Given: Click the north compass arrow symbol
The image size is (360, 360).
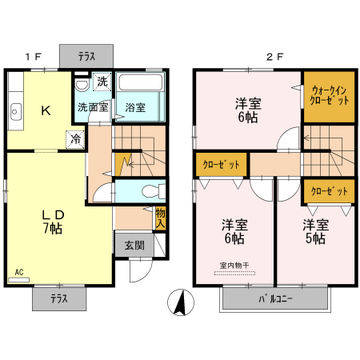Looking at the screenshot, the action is [x=181, y=302].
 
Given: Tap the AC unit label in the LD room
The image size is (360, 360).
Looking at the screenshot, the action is [x=19, y=272].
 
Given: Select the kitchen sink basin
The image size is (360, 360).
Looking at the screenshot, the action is [x=16, y=112].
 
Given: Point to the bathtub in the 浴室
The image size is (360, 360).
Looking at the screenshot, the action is [x=141, y=82].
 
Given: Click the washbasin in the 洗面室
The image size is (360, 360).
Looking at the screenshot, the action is [x=82, y=84].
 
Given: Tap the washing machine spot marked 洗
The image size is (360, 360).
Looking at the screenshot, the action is [x=102, y=82].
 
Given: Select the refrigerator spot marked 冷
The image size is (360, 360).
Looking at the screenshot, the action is [x=75, y=139].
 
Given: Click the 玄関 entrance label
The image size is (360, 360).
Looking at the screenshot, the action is [x=134, y=246].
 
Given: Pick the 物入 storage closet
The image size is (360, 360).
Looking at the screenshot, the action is [x=160, y=218].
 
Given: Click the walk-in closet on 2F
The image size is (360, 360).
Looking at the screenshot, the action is [x=330, y=97].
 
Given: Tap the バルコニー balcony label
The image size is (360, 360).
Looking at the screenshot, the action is [x=275, y=298].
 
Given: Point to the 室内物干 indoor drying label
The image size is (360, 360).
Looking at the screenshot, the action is [x=234, y=266].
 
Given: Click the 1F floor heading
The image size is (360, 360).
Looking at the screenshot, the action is [x=34, y=57].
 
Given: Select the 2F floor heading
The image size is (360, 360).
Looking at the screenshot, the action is [x=274, y=57].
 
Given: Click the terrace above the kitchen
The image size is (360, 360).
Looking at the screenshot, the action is [x=86, y=56].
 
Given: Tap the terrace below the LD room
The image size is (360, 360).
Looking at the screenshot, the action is [x=59, y=298].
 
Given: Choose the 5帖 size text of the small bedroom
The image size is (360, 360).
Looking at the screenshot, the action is [x=315, y=238].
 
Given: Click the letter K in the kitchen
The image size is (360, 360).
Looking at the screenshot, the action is [x=46, y=110].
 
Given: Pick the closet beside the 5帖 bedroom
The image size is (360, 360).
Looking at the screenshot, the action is [x=330, y=191].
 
